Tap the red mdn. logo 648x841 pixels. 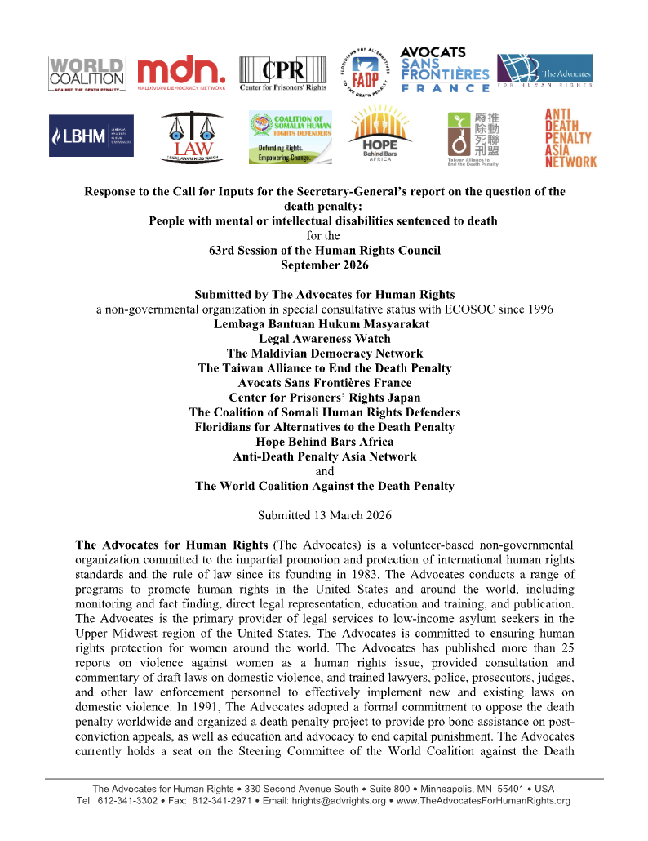coord(180,73)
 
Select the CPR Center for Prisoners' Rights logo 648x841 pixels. coord(282,73)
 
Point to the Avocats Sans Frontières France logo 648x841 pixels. coord(445,70)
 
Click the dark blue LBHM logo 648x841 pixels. coord(91,136)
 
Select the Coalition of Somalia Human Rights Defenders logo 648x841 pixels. coord(291,136)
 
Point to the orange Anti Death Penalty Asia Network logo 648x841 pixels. coord(571,138)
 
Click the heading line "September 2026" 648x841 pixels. coord(324,265)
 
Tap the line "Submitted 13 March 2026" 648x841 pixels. coord(324,515)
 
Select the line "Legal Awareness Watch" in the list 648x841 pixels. coord(324,339)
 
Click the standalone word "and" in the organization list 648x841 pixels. coord(324,471)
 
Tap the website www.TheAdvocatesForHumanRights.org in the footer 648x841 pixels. coord(486,801)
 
